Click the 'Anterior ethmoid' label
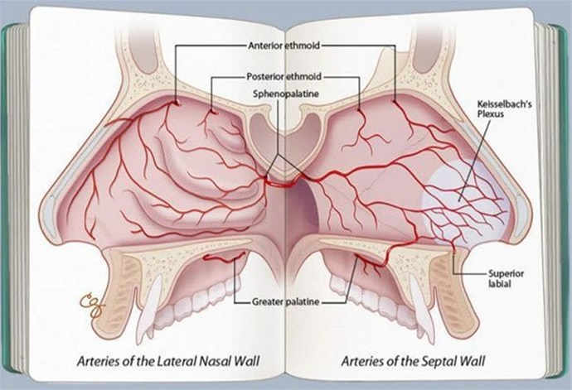(284, 46)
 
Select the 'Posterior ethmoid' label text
(284, 76)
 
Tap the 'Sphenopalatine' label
(286, 94)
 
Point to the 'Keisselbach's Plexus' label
(504, 109)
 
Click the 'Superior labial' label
(506, 278)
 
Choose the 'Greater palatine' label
(286, 301)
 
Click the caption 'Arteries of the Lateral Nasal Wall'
(168, 361)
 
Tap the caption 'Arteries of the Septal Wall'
(413, 361)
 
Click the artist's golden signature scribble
(91, 306)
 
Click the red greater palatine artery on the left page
(224, 258)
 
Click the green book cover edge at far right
(562, 197)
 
